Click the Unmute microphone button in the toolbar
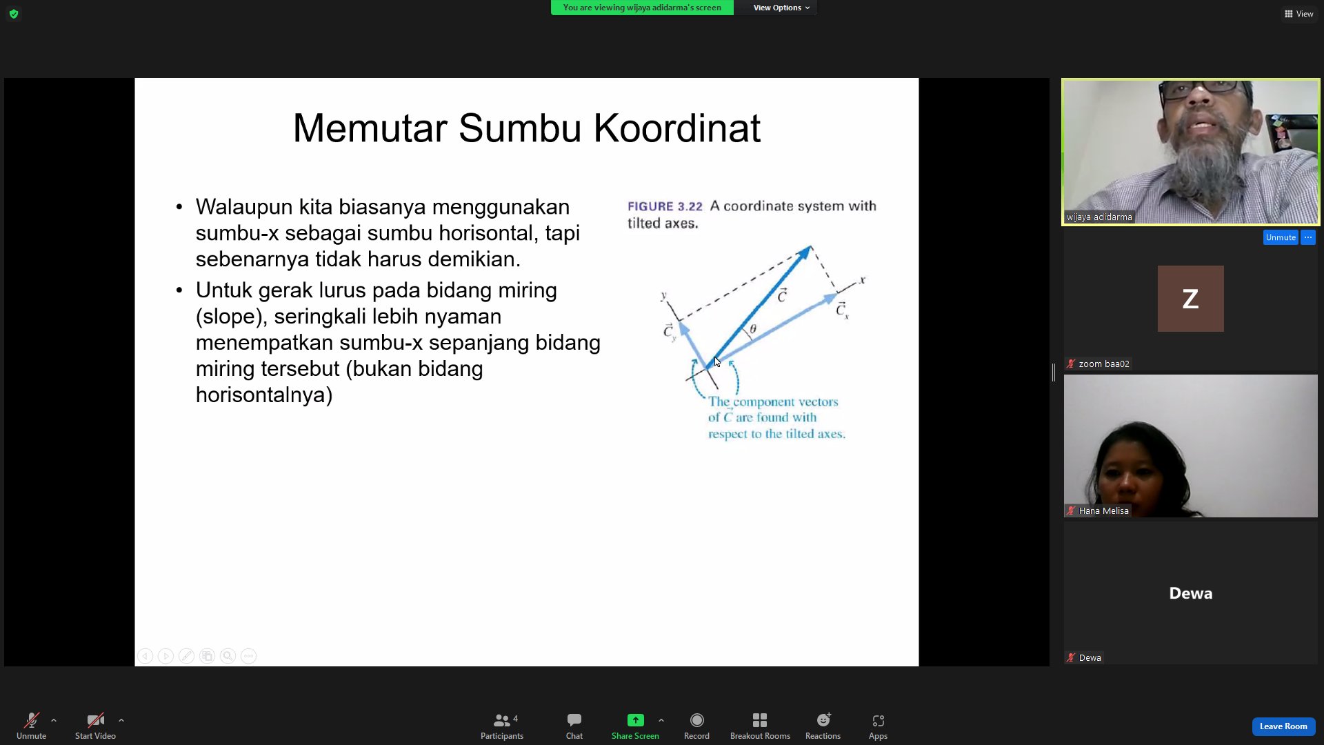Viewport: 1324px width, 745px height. [x=31, y=726]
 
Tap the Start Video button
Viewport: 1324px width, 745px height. [x=95, y=726]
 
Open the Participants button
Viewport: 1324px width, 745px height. [x=502, y=726]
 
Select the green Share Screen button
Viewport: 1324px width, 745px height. [x=635, y=726]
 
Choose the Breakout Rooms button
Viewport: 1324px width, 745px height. [x=760, y=726]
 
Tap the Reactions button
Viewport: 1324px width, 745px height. [x=823, y=726]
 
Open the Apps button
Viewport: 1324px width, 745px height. [x=878, y=726]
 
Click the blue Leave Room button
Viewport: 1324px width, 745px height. [x=1283, y=726]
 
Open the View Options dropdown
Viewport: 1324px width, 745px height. [x=781, y=8]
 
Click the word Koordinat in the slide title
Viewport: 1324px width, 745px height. [x=676, y=128]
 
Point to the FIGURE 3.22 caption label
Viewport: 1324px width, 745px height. [x=665, y=206]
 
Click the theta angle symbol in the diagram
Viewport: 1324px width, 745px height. [x=753, y=329]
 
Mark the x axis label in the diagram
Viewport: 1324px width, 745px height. [x=862, y=280]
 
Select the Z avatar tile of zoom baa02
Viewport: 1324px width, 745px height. [x=1190, y=299]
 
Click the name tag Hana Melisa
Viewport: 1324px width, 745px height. [x=1103, y=511]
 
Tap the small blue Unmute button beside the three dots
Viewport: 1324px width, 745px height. [x=1281, y=237]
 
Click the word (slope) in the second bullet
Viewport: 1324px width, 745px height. [x=232, y=317]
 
